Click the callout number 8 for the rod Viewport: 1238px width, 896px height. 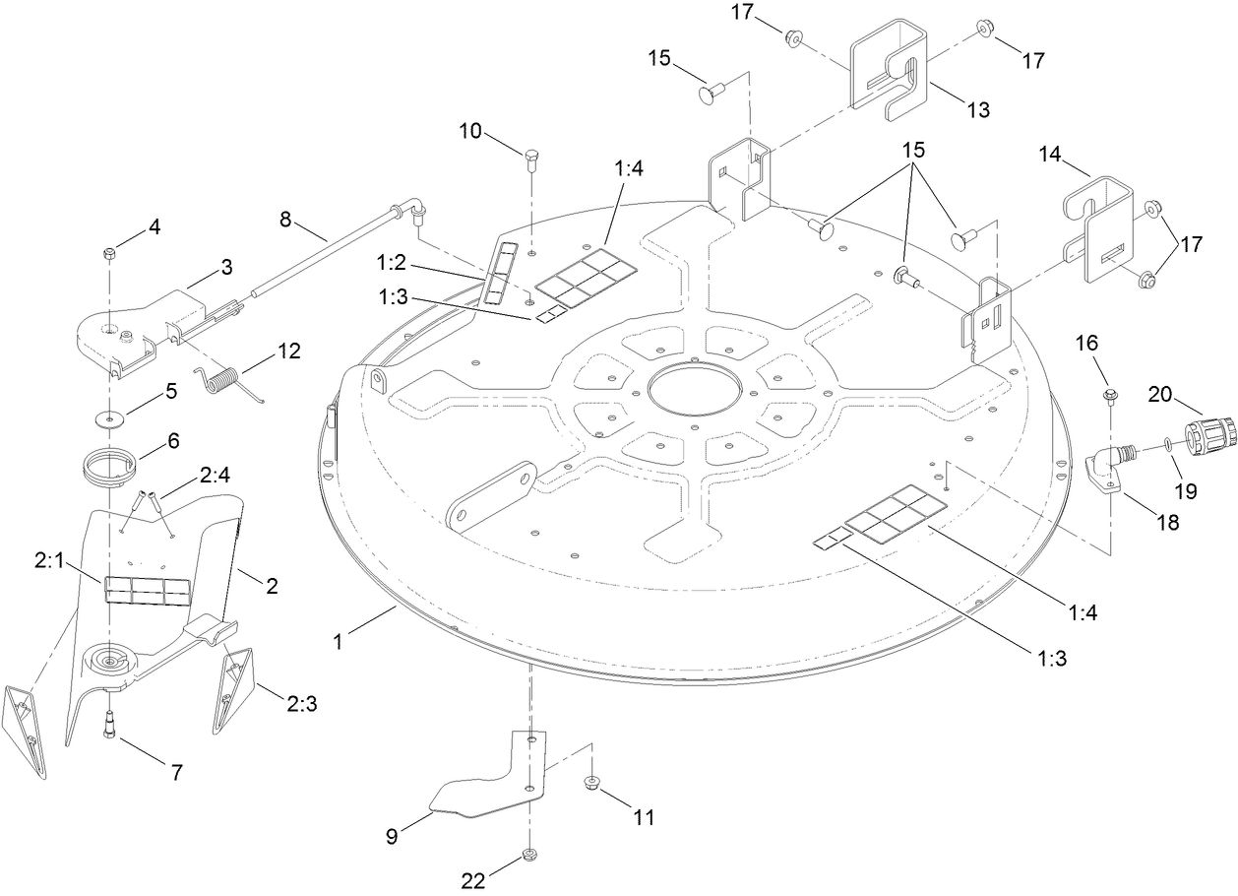pyautogui.click(x=285, y=219)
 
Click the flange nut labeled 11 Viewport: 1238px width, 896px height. pyautogui.click(x=592, y=783)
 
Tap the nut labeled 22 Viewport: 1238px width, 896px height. pyautogui.click(x=528, y=853)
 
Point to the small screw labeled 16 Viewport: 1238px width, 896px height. pyautogui.click(x=1110, y=396)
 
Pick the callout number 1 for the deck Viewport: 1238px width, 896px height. pyautogui.click(x=337, y=641)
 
